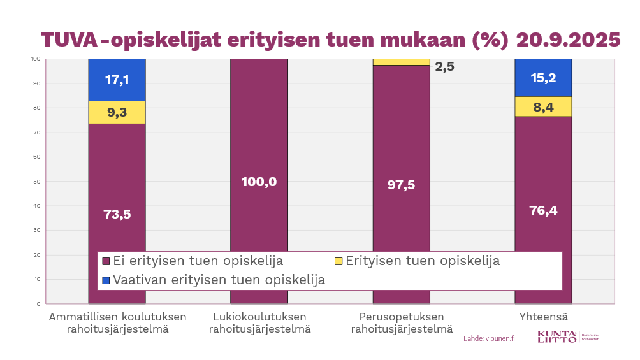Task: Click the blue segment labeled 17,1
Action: click(117, 80)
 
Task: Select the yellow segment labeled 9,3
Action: click(117, 113)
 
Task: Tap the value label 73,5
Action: click(117, 214)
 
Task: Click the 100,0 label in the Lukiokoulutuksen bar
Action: click(259, 182)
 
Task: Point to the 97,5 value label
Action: click(401, 185)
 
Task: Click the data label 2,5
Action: click(444, 66)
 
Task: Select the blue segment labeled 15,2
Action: click(543, 78)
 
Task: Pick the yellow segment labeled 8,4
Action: click(543, 107)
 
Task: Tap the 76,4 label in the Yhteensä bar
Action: click(543, 210)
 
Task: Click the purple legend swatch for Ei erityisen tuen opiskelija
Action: click(106, 261)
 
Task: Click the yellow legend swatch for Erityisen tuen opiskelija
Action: click(338, 261)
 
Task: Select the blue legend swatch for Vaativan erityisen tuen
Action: click(106, 280)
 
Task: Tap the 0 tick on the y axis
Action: click(38, 304)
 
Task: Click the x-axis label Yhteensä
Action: click(543, 317)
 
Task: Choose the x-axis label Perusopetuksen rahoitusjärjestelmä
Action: click(401, 323)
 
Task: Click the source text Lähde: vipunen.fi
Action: click(489, 338)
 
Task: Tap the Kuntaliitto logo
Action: click(567, 337)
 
